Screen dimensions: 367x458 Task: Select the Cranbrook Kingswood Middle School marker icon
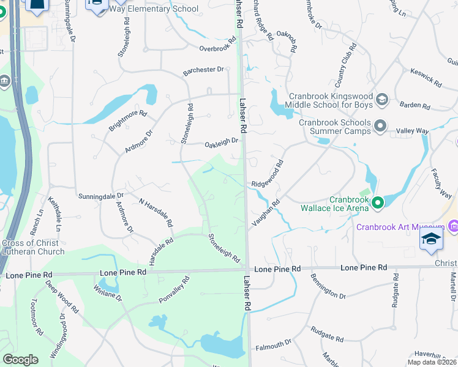tap(381, 99)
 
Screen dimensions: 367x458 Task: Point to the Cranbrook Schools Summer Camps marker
tap(380, 127)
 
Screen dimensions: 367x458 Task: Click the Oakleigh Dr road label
tap(221, 142)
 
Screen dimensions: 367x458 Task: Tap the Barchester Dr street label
tap(204, 71)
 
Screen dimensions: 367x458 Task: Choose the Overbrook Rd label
tap(217, 45)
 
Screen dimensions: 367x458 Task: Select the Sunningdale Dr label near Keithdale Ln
tap(101, 197)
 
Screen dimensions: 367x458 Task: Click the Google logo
tap(21, 359)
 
